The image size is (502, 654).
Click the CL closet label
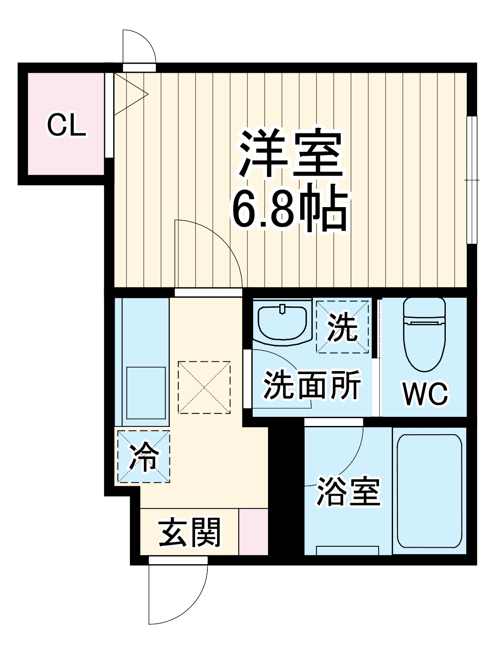point(66,125)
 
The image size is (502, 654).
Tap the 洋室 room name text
point(290,153)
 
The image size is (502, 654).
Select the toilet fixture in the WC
point(424,334)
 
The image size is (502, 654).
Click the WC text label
point(424,394)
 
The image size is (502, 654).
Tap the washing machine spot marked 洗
point(343,326)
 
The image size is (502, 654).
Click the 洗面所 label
point(312,385)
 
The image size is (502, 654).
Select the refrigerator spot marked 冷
point(143,456)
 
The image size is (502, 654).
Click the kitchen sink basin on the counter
point(146,392)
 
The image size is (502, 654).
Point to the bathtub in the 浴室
point(429,490)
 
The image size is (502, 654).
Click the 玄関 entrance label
point(190,532)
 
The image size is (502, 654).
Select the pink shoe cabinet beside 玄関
point(253,531)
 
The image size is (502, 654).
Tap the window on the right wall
point(471,180)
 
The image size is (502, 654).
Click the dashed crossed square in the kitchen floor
point(204,387)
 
